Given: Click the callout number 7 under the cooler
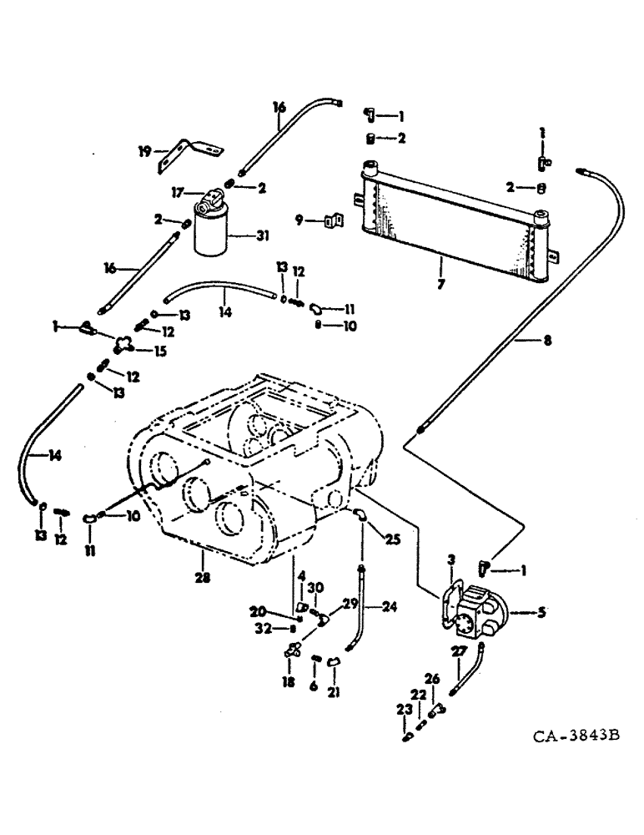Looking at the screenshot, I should click(440, 284).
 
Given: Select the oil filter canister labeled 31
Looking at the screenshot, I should click(211, 229).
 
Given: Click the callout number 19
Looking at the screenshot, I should click(144, 151).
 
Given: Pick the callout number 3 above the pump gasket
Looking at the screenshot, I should click(450, 558).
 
